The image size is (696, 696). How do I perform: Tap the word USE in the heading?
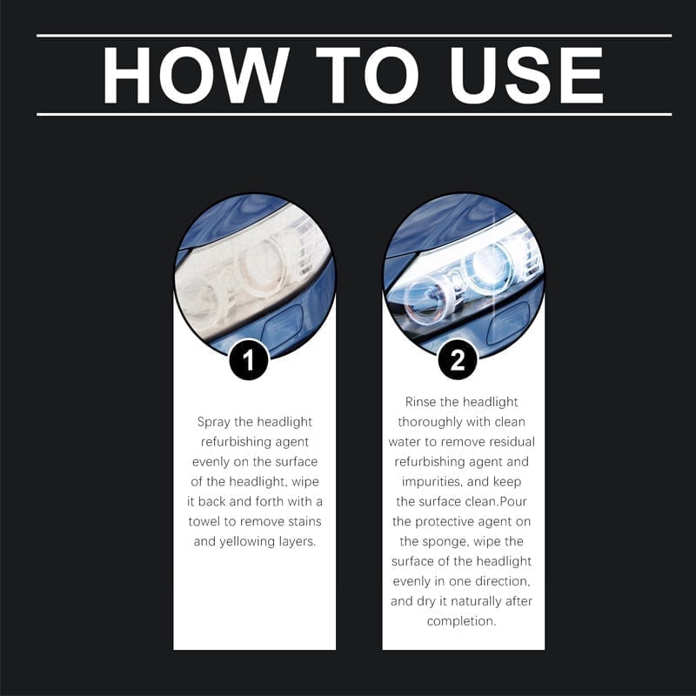(x=526, y=75)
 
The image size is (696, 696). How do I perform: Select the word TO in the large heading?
(x=367, y=75)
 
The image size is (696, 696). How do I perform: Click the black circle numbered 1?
(x=249, y=360)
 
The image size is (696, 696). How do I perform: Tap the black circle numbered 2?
(x=458, y=360)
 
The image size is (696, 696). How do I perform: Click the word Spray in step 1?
(x=213, y=422)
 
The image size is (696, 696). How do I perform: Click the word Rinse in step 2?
(x=419, y=402)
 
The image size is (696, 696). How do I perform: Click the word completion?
(x=461, y=621)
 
